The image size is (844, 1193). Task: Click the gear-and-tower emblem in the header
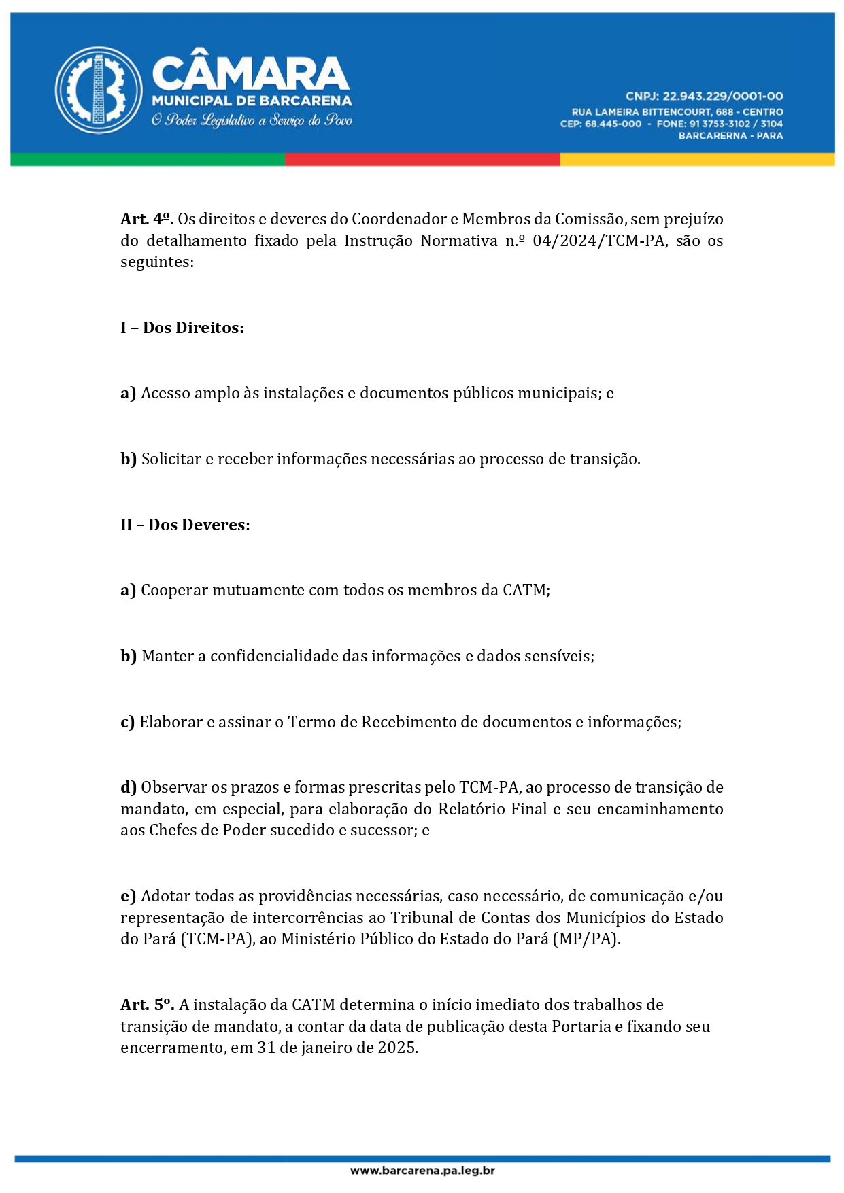tap(99, 90)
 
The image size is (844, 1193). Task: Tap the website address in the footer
tap(422, 1170)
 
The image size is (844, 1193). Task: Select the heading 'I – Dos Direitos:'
tap(182, 328)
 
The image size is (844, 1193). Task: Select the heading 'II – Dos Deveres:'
tap(185, 525)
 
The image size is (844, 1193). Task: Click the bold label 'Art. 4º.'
tap(147, 219)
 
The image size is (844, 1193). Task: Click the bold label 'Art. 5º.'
tap(147, 1005)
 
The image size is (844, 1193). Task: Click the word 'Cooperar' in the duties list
tap(175, 590)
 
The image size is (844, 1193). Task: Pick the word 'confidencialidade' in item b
tap(273, 656)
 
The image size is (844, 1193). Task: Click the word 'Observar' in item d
tap(173, 787)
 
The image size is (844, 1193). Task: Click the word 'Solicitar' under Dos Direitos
tap(171, 459)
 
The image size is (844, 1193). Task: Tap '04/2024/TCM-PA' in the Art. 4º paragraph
tap(598, 241)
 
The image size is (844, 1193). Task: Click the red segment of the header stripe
tap(422, 160)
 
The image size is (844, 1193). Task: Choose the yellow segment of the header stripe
tap(697, 160)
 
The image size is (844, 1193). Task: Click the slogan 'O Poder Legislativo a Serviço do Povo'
tap(252, 121)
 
